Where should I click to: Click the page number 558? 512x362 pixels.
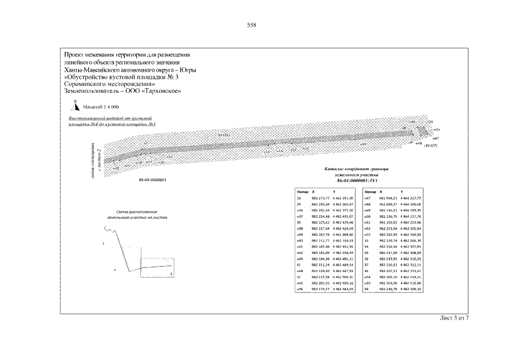(252, 25)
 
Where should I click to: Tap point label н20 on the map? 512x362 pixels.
(115, 168)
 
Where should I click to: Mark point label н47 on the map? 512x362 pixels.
(436, 138)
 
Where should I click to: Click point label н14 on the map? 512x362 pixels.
(266, 152)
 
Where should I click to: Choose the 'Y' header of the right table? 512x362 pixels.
(402, 192)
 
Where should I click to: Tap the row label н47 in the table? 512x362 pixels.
(367, 199)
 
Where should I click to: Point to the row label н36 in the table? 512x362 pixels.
(300, 210)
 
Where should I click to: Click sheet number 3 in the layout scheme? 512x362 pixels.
(171, 273)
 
